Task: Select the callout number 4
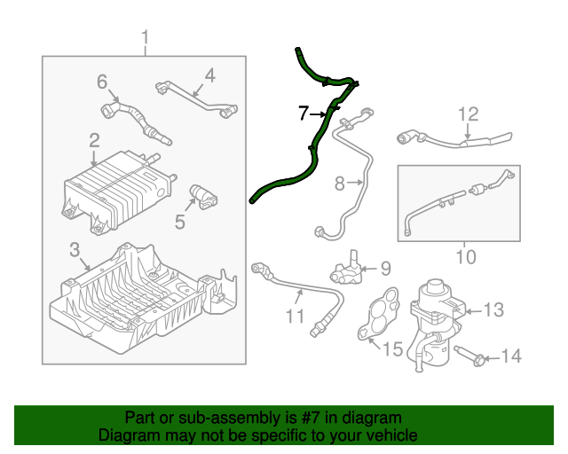coord(209,76)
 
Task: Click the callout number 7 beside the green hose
coord(303,113)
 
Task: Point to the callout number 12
coord(468,113)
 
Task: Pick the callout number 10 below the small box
coord(464,258)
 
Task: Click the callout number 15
coord(392,347)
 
